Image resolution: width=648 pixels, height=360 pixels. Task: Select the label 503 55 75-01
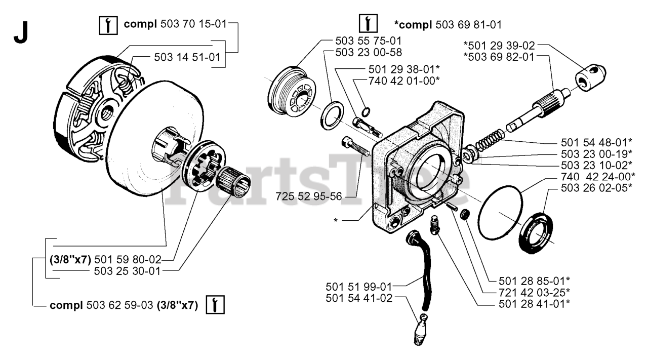click(368, 40)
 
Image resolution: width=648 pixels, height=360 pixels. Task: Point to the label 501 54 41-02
click(359, 299)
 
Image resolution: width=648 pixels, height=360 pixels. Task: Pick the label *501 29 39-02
click(499, 45)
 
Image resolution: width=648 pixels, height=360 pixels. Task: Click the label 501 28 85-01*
click(535, 280)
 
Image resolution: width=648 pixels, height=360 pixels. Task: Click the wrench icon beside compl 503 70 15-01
click(106, 24)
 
